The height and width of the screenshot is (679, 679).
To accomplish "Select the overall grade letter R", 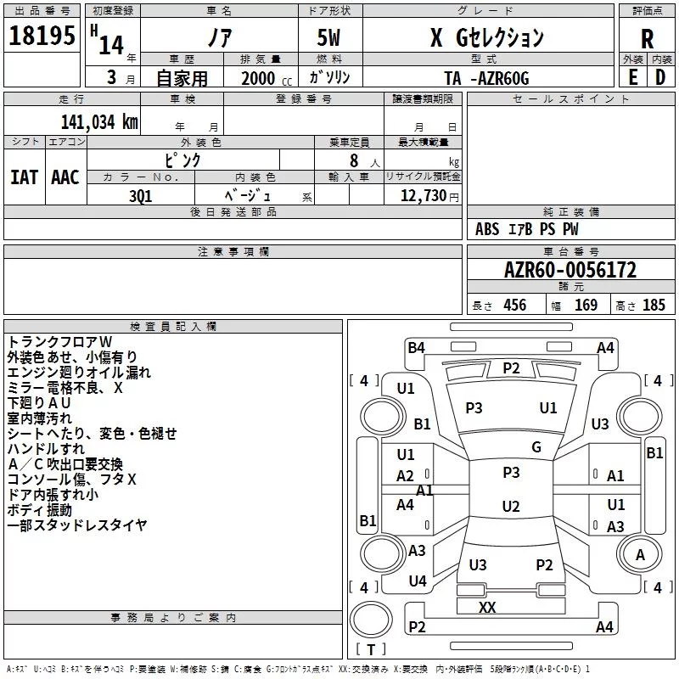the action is coord(647,38).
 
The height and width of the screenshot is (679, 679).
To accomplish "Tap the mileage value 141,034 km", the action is coord(98,121).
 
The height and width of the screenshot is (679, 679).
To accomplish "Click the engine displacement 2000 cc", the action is coord(258,78).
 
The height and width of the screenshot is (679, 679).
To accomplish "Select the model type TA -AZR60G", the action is coord(486,78).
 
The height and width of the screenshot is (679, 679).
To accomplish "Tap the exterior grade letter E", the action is coord(632,77).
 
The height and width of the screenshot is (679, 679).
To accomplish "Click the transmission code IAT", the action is coord(24,177).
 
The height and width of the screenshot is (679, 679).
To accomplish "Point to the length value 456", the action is coord(513,305).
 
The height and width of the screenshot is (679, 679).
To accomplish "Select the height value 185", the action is coord(654,305).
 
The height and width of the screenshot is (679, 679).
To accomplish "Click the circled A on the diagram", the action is coord(640,555).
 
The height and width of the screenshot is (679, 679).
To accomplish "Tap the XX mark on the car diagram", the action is coord(486,607).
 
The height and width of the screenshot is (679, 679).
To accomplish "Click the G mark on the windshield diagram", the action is coord(536,447).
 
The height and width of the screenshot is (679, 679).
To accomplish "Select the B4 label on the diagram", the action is coord(416,348).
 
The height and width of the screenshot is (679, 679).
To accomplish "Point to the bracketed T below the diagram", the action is coord(371,649).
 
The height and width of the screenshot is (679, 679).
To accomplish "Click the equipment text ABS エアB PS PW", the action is coord(527,229).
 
